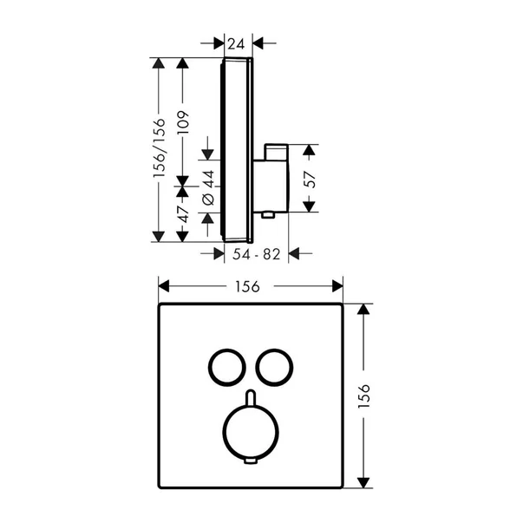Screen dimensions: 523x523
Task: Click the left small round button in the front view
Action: pos(224,365)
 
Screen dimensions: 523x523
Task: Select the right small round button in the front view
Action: pos(275,365)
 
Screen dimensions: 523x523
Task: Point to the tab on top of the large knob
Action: pos(250,397)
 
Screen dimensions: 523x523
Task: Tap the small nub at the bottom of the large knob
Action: pos(250,461)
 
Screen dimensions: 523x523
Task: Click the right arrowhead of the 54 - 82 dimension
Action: pos(294,253)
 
